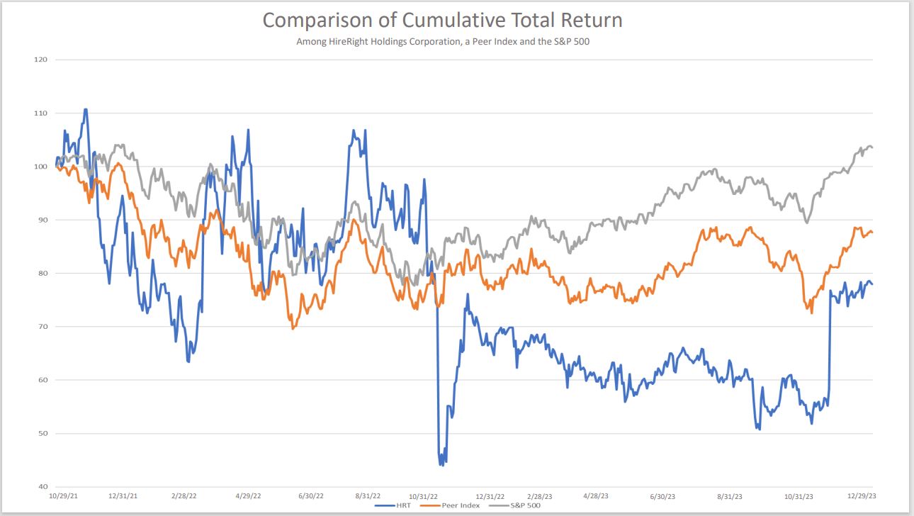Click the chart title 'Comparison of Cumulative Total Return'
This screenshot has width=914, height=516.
click(x=442, y=20)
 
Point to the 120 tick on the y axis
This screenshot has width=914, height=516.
click(x=40, y=60)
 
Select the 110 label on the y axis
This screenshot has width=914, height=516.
click(x=40, y=113)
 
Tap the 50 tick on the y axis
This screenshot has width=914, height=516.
click(x=42, y=434)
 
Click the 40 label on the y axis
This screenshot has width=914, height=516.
click(x=42, y=487)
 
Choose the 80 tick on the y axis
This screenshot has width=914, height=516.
click(x=42, y=274)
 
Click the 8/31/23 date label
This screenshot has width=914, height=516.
click(x=730, y=497)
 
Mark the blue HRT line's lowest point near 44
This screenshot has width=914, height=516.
click(x=441, y=465)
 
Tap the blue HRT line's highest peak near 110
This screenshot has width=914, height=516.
click(x=86, y=109)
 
